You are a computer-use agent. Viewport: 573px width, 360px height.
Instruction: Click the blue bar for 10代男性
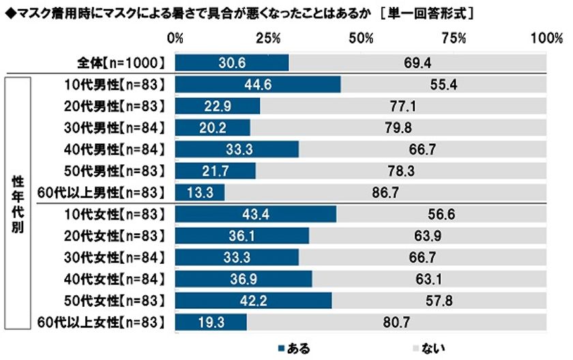[x=258, y=85]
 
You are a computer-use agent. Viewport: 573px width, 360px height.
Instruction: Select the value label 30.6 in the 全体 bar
[x=232, y=63]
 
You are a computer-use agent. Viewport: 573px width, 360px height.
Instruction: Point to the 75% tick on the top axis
[x=453, y=38]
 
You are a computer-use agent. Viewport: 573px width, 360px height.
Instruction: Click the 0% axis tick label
[x=176, y=38]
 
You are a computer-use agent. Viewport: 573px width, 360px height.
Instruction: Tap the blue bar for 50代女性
[x=253, y=300]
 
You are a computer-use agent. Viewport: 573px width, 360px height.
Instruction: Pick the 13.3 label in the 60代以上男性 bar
[x=199, y=192]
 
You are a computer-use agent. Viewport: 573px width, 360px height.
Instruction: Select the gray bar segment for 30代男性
[x=398, y=127]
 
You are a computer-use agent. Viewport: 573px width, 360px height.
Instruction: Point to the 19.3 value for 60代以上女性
[x=211, y=322]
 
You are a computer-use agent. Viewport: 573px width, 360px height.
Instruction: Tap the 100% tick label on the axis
[x=545, y=38]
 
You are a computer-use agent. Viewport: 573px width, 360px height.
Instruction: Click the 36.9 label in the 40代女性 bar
[x=244, y=278]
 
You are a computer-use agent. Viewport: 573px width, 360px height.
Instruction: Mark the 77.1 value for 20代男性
[x=403, y=106]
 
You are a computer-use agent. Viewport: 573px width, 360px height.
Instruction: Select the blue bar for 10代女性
[x=256, y=214]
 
